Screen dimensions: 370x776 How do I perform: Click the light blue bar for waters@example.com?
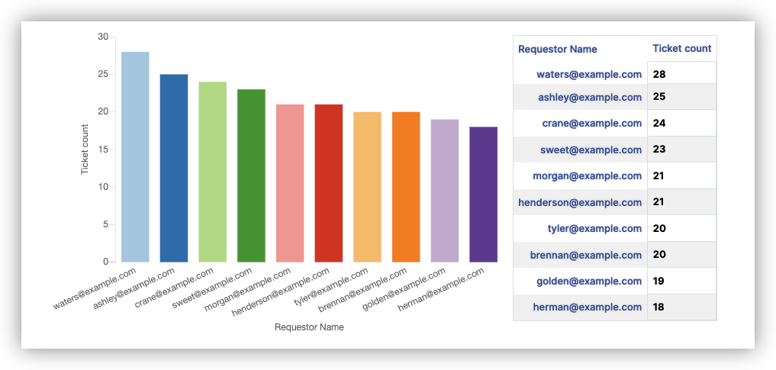(x=135, y=157)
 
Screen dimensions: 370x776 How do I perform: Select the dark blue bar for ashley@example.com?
(x=174, y=168)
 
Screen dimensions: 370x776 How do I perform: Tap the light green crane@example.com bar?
(x=212, y=172)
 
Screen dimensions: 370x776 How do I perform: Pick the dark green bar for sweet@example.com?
(x=251, y=175)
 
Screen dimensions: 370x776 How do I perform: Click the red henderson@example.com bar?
(x=329, y=183)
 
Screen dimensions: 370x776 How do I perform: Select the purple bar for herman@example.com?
(x=483, y=195)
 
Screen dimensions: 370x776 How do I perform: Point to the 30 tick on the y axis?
(x=103, y=37)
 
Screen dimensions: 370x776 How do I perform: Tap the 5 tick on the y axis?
(x=105, y=224)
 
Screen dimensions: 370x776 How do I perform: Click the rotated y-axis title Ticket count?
(x=85, y=148)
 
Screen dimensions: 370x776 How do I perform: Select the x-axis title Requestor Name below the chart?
(x=309, y=327)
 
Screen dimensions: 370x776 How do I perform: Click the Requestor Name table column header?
(x=558, y=50)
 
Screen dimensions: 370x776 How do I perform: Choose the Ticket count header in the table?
(x=682, y=49)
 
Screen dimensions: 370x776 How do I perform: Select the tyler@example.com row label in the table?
(x=594, y=229)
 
